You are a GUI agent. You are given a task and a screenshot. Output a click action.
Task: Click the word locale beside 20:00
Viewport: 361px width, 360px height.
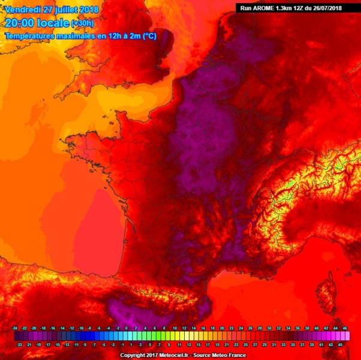(52, 23)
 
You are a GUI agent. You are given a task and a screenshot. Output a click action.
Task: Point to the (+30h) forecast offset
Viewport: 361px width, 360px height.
(82, 23)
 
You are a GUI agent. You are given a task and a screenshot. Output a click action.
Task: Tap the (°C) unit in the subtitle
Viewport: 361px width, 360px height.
(149, 37)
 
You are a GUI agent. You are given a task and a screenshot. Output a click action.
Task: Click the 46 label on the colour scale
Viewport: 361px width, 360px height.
(345, 328)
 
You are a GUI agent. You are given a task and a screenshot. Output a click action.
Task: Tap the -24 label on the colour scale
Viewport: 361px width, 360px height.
(14, 328)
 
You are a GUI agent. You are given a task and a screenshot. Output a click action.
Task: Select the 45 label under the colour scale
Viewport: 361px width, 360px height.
(340, 345)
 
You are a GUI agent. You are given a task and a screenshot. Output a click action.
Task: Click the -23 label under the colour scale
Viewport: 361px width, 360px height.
(19, 345)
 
